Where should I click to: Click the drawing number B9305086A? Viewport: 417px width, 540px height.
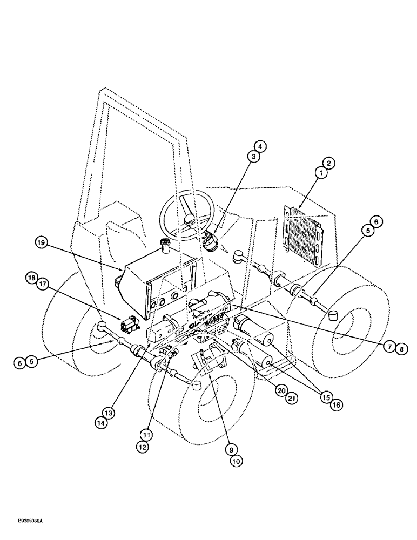(26, 521)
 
